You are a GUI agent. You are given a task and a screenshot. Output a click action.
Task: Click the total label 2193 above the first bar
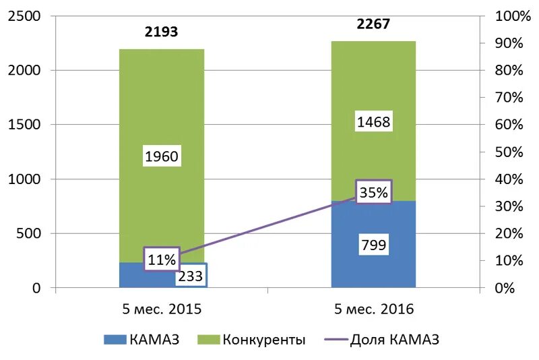coord(161,32)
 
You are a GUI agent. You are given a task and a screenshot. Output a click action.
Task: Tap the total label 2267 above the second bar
coord(373,24)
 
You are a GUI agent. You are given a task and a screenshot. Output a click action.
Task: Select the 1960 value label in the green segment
coord(162,157)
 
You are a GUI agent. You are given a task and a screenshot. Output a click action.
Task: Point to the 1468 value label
coord(374,122)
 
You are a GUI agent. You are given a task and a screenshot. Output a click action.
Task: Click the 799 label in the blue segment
coord(373,245)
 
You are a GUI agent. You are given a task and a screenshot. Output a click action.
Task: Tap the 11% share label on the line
coord(162,259)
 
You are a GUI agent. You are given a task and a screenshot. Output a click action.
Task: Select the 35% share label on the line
coord(373,193)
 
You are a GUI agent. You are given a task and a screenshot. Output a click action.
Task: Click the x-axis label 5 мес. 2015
coord(162,309)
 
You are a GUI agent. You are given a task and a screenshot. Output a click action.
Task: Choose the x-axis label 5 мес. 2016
coord(374,309)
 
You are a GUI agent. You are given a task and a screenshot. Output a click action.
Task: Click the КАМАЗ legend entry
coord(141,340)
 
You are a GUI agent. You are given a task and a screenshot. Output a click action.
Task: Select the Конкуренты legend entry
coord(253,340)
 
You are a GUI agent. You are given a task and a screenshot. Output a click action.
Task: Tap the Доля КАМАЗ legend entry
coord(384,340)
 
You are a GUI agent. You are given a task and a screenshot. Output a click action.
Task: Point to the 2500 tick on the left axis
coord(24,16)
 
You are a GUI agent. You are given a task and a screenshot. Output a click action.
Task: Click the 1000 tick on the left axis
coord(24,179)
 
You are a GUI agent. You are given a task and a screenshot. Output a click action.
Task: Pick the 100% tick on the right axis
coord(513,16)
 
